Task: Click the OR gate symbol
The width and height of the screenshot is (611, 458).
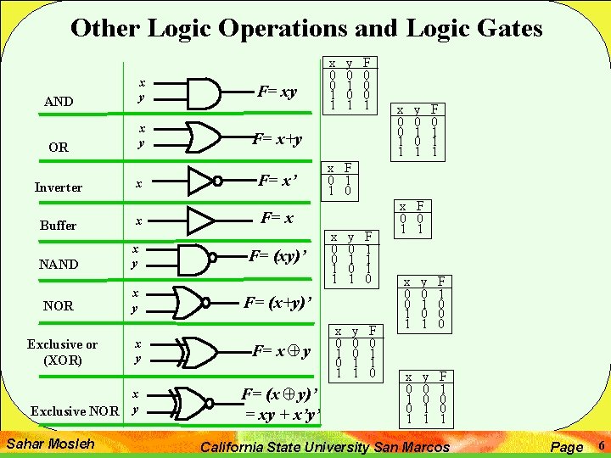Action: [204, 135]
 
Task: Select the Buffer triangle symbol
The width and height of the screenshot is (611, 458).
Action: [201, 220]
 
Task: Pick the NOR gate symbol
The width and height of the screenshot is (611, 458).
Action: [199, 301]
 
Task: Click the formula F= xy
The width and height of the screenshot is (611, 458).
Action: [277, 91]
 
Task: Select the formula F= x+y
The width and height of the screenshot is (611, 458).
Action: [278, 138]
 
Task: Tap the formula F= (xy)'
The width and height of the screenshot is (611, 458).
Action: [277, 255]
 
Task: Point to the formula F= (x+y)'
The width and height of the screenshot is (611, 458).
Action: [278, 301]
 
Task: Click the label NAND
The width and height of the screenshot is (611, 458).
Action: [59, 265]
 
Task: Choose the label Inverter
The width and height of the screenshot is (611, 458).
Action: [59, 187]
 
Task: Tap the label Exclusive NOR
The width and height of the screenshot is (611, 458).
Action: [75, 411]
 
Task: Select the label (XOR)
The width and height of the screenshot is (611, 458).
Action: [62, 360]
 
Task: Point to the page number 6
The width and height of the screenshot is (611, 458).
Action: [600, 444]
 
